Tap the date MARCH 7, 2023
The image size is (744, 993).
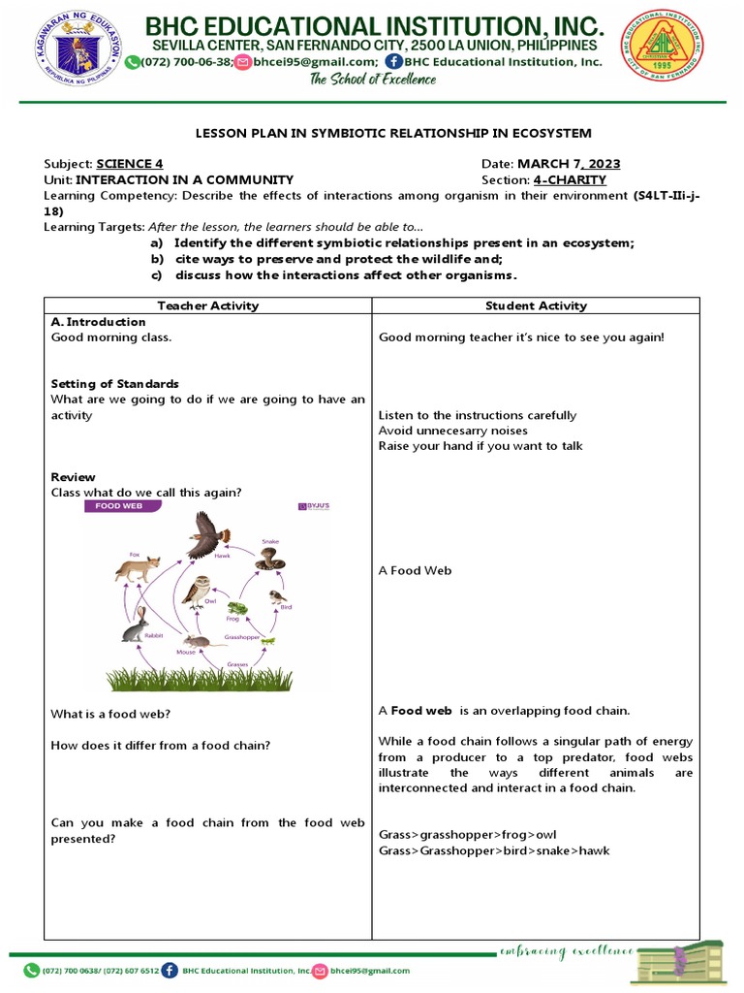(569, 164)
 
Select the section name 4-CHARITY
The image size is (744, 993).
(570, 179)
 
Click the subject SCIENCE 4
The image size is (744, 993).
(129, 164)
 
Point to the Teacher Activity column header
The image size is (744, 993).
(208, 305)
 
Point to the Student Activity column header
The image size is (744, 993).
(536, 305)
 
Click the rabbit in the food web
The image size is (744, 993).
(134, 625)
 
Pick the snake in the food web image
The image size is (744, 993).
(269, 559)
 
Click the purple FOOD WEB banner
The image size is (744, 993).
(120, 506)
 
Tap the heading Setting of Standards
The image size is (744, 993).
(114, 384)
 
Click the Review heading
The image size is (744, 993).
(73, 477)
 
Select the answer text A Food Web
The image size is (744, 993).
(415, 571)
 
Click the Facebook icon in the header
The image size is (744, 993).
(393, 61)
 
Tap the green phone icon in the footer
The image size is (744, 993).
(31, 970)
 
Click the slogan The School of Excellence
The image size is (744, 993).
(372, 80)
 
